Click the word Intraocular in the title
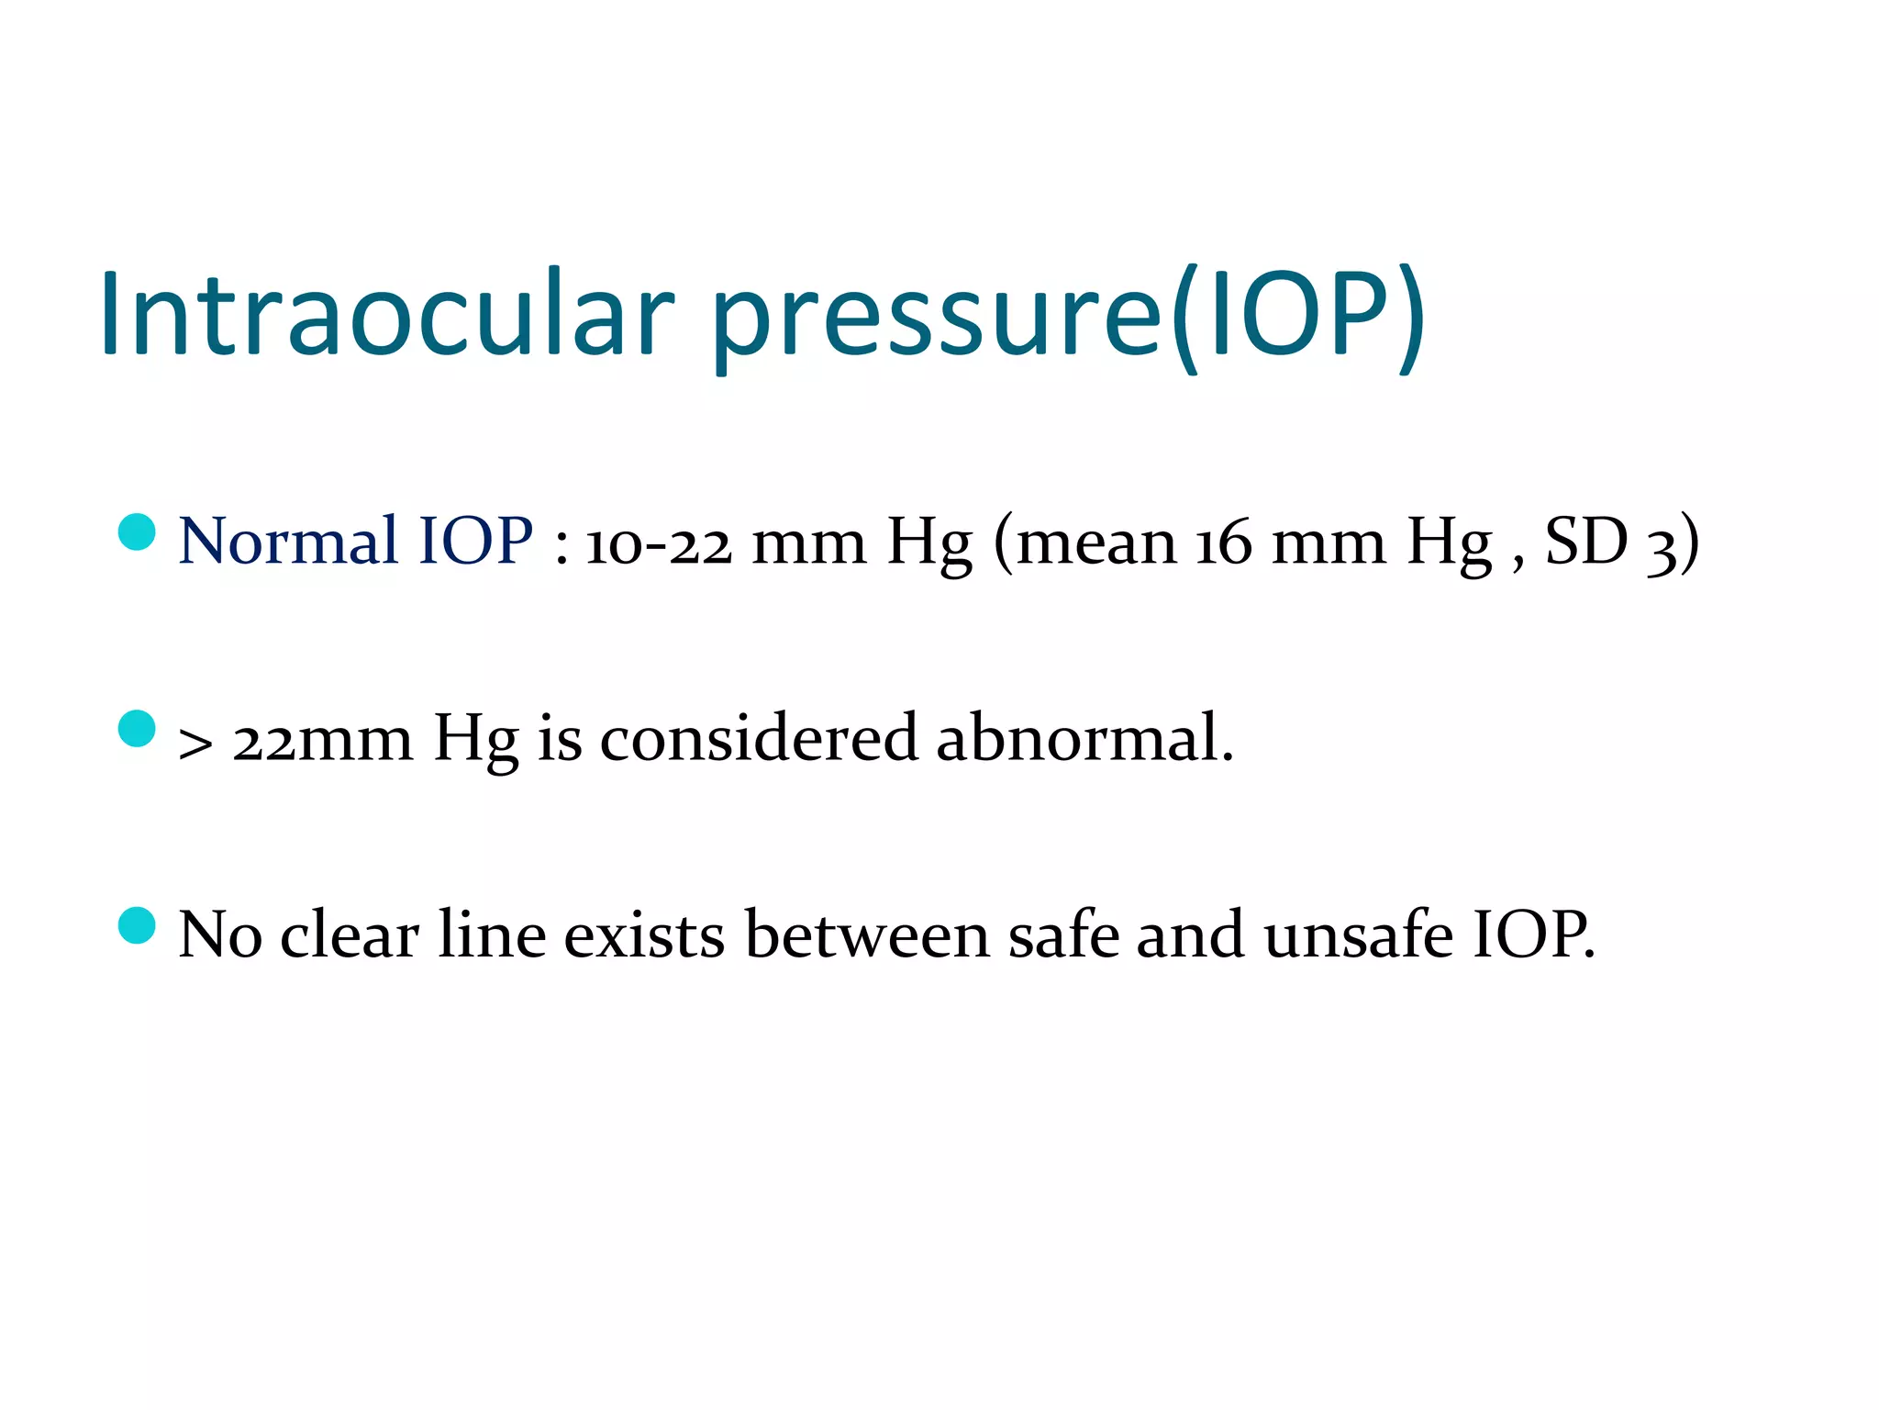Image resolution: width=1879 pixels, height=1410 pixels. click(x=386, y=314)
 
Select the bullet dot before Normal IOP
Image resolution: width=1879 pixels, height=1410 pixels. click(x=138, y=532)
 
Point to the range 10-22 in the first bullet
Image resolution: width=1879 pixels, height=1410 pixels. click(x=659, y=543)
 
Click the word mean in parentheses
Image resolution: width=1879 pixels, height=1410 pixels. click(x=1097, y=543)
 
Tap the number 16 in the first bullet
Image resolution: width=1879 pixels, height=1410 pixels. click(x=1223, y=543)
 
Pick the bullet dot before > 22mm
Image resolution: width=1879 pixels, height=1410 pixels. click(x=138, y=728)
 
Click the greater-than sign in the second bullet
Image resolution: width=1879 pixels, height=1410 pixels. click(x=195, y=742)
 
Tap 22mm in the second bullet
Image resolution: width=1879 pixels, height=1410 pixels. click(x=322, y=740)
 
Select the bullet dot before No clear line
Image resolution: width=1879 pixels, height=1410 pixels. click(x=138, y=925)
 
